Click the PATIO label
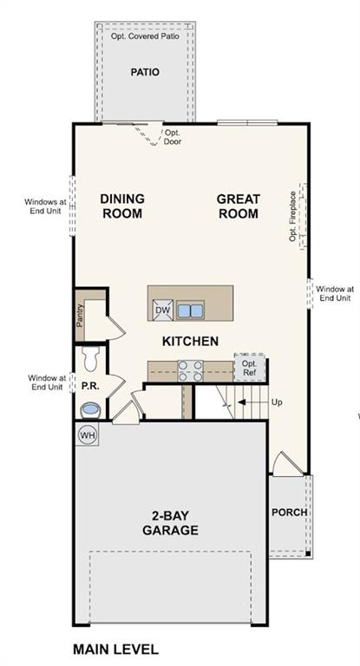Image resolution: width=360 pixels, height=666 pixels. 145,72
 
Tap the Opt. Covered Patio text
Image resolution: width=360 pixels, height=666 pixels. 145,36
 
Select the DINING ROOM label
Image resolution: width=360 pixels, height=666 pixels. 121,206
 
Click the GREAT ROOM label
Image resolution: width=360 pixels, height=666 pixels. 238,206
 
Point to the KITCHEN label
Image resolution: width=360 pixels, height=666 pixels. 190,341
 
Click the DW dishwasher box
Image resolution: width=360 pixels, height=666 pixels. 162,310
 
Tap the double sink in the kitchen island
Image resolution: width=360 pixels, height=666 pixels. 190,310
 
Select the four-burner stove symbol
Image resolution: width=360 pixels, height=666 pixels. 190,370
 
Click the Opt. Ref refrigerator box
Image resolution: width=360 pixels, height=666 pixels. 249,368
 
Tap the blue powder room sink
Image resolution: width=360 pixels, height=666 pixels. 89,408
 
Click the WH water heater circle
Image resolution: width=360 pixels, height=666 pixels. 88,434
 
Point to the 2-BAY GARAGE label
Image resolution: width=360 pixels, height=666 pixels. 170,523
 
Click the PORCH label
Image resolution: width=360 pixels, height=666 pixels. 289,512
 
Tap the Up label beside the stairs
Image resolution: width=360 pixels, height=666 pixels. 277,402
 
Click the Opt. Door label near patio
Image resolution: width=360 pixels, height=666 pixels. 173,137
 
